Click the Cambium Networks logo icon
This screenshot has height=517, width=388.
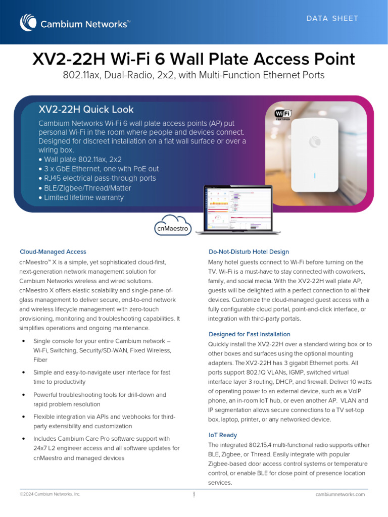[28, 23]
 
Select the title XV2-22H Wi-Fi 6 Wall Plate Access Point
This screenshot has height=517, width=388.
[194, 60]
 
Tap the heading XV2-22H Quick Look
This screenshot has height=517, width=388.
[86, 110]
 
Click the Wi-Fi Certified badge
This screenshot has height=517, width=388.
[282, 115]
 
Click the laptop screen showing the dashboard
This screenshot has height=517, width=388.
[237, 208]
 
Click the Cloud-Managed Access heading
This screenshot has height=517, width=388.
[53, 251]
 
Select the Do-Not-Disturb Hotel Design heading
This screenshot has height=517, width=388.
[249, 251]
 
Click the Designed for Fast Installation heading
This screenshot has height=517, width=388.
[249, 334]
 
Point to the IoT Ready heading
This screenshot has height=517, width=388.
[222, 435]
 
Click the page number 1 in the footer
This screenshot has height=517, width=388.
[194, 495]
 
